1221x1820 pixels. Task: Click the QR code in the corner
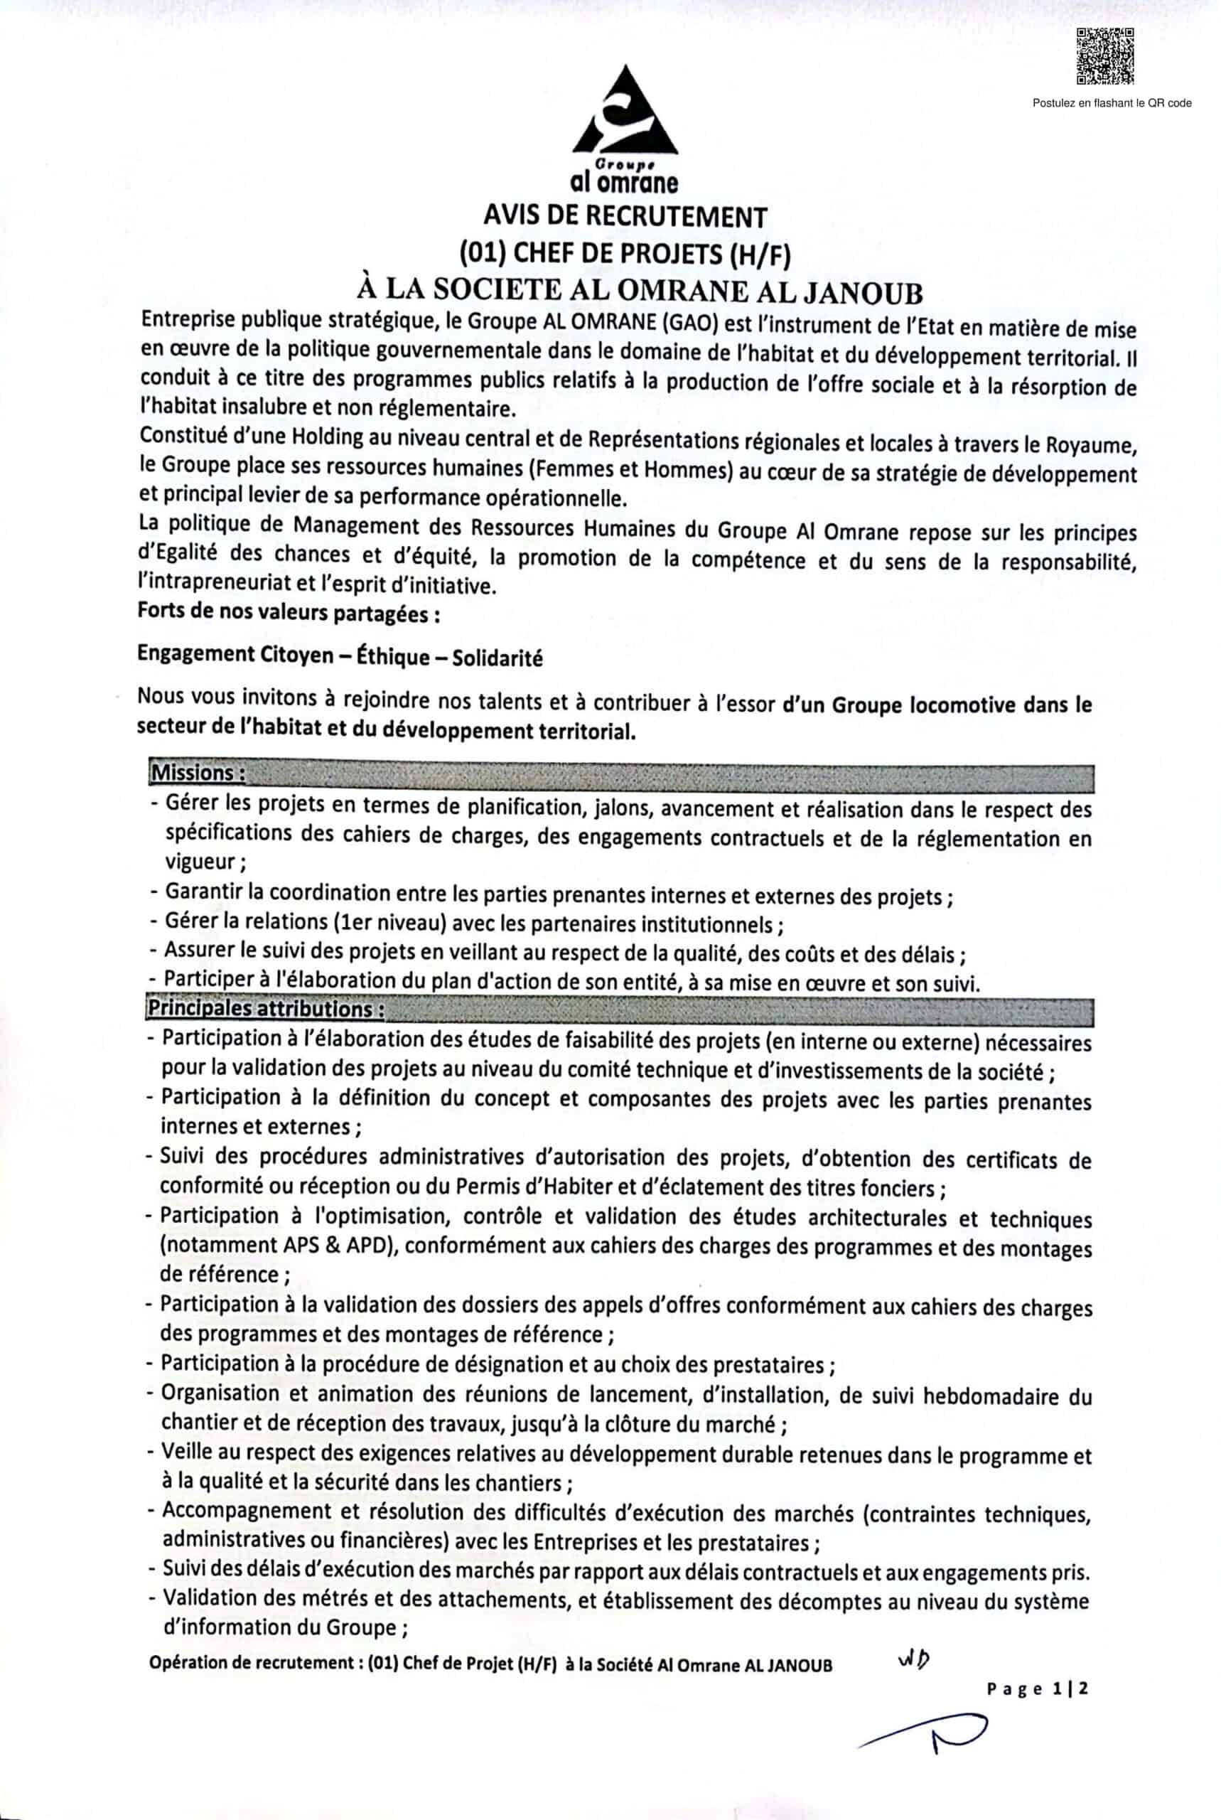[x=1104, y=56]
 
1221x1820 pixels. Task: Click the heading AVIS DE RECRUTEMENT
[x=625, y=215]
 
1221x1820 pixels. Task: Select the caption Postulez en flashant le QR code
[x=1112, y=103]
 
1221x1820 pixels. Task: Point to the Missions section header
[x=198, y=773]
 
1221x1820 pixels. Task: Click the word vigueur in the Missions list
[x=200, y=862]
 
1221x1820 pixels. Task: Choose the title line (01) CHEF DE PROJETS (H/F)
[x=625, y=253]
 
